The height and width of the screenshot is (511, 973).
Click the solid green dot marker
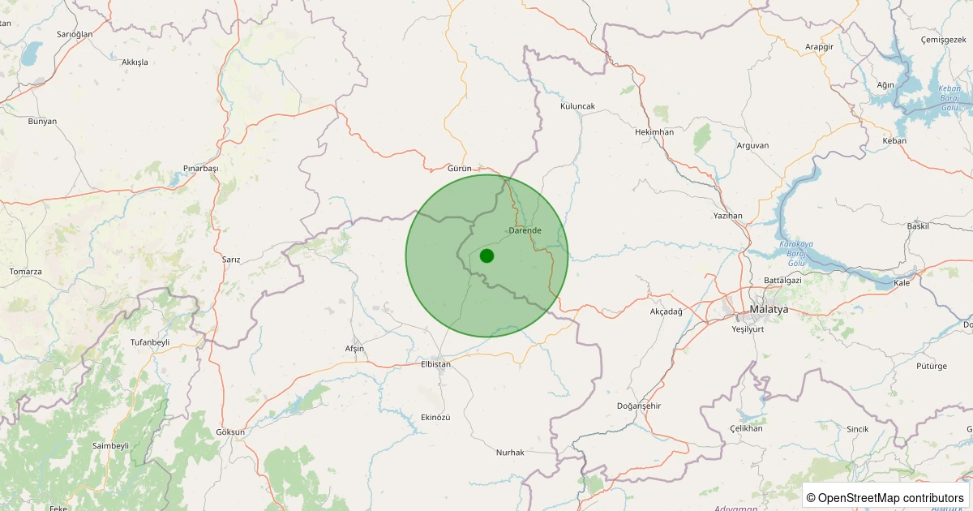pyautogui.click(x=486, y=255)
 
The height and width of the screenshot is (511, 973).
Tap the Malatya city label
pyautogui.click(x=769, y=310)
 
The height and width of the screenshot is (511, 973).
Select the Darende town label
pyautogui.click(x=525, y=231)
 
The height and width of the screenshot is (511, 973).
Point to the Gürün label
pyautogui.click(x=459, y=168)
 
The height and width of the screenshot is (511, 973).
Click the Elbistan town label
pyautogui.click(x=435, y=364)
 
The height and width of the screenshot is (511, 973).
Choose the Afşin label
pyautogui.click(x=354, y=348)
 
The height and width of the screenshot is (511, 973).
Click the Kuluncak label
pyautogui.click(x=577, y=106)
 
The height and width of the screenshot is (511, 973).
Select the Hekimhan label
pyautogui.click(x=654, y=132)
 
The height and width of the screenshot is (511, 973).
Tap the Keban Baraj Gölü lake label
pyautogui.click(x=949, y=97)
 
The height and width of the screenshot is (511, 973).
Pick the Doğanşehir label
pyautogui.click(x=640, y=406)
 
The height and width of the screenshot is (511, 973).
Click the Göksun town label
pyautogui.click(x=230, y=432)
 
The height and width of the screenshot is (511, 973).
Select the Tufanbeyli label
pyautogui.click(x=150, y=342)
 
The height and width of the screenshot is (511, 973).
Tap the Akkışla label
pyautogui.click(x=135, y=62)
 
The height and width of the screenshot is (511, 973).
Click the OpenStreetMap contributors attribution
pyautogui.click(x=886, y=497)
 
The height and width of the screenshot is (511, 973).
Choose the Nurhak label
pyautogui.click(x=510, y=452)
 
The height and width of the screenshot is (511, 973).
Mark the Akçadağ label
pyautogui.click(x=667, y=311)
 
